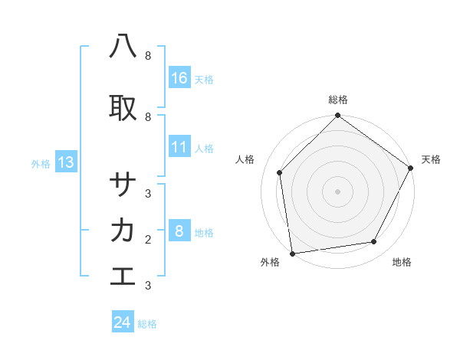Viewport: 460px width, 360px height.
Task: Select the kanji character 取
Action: pos(123,108)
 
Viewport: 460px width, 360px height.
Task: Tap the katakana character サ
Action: pos(123,185)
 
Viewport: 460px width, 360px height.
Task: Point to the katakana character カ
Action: pos(123,230)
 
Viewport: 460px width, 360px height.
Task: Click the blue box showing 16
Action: pos(179,77)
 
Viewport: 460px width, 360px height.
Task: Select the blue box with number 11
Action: pos(179,147)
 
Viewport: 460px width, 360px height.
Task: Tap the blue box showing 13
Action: pos(65,162)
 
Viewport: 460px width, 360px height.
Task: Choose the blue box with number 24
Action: pos(123,322)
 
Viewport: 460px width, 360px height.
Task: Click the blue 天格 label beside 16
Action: pos(204,79)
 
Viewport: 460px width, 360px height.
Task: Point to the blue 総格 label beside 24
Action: pos(147,324)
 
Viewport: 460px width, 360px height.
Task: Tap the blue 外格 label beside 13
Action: pos(41,163)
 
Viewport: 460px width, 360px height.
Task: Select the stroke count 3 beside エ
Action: pos(148,285)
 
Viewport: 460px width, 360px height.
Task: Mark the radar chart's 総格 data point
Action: pos(337,116)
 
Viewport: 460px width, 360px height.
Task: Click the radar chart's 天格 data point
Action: pos(411,168)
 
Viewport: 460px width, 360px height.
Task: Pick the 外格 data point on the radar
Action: pos(292,253)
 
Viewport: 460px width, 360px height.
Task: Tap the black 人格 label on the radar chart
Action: pos(245,159)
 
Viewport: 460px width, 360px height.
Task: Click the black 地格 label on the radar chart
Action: pos(402,262)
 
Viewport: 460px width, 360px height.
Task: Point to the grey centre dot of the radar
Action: pos(337,191)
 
